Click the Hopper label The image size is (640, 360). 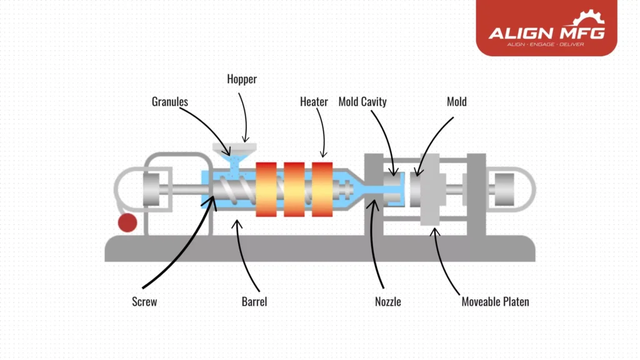(241, 79)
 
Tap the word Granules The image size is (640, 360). (169, 101)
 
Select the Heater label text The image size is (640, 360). (314, 101)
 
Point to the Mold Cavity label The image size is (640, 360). (362, 101)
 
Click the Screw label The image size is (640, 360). (144, 302)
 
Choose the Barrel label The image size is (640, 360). (254, 302)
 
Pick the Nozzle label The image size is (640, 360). (387, 302)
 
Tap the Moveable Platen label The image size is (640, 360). (495, 302)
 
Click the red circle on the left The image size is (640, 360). (127, 223)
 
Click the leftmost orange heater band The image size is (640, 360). (266, 189)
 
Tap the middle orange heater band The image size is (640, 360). (294, 189)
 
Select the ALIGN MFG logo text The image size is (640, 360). (546, 33)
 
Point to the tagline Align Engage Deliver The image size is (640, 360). (546, 45)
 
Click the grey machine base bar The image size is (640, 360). (319, 249)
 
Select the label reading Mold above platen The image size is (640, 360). (456, 101)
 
